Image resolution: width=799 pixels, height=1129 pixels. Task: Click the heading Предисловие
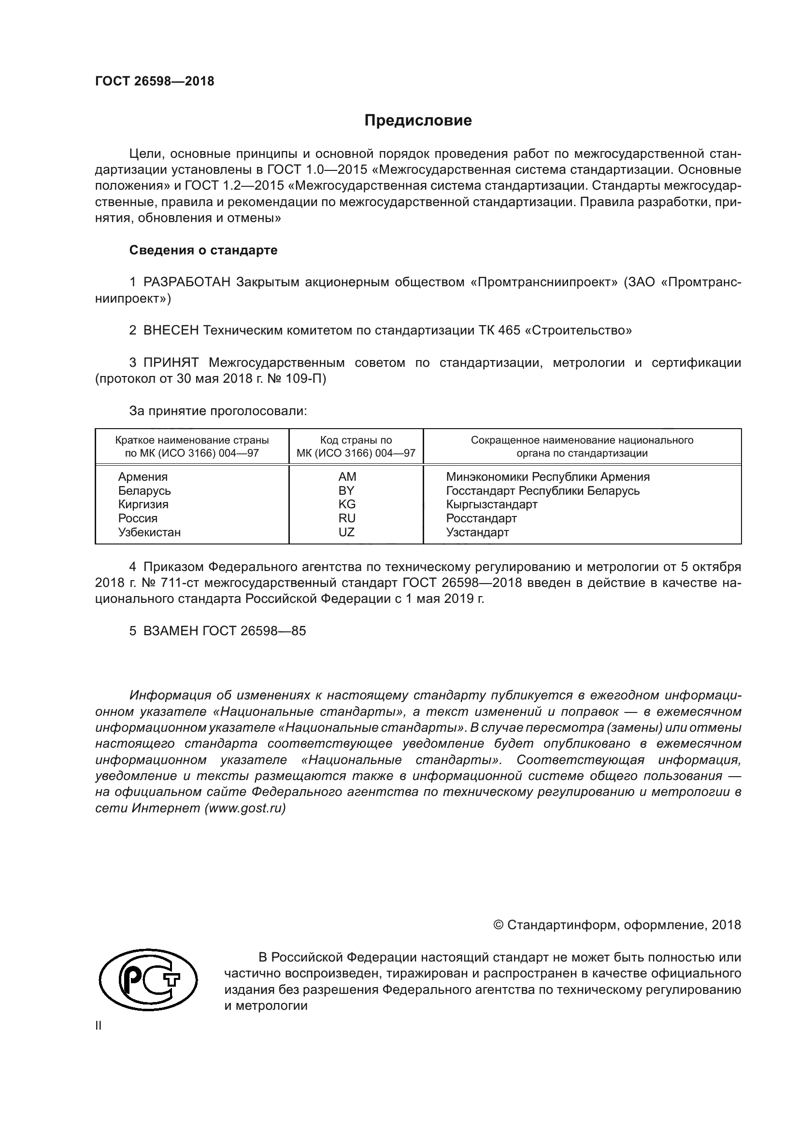(x=418, y=121)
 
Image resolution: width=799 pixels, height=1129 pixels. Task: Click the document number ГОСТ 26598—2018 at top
(x=155, y=82)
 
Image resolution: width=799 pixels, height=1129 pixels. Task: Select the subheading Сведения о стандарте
(x=203, y=251)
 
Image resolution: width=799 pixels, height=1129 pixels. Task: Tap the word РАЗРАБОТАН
(x=187, y=282)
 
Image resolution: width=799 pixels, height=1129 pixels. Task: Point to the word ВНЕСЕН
(x=171, y=331)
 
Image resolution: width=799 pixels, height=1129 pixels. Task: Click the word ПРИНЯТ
(x=171, y=363)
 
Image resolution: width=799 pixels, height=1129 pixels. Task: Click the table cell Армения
(x=143, y=476)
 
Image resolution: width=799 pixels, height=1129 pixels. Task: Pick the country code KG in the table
(x=346, y=504)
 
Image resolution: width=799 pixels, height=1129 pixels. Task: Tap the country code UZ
(x=346, y=532)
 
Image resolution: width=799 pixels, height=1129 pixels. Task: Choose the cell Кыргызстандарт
(x=491, y=504)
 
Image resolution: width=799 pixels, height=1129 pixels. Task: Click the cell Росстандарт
(x=481, y=518)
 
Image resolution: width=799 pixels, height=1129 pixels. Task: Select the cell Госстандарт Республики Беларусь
(x=542, y=490)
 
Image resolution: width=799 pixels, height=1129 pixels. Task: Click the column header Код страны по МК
(x=356, y=446)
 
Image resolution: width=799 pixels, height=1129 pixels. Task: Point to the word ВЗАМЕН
(x=171, y=631)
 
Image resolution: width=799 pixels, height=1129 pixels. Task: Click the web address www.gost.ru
(x=245, y=808)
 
